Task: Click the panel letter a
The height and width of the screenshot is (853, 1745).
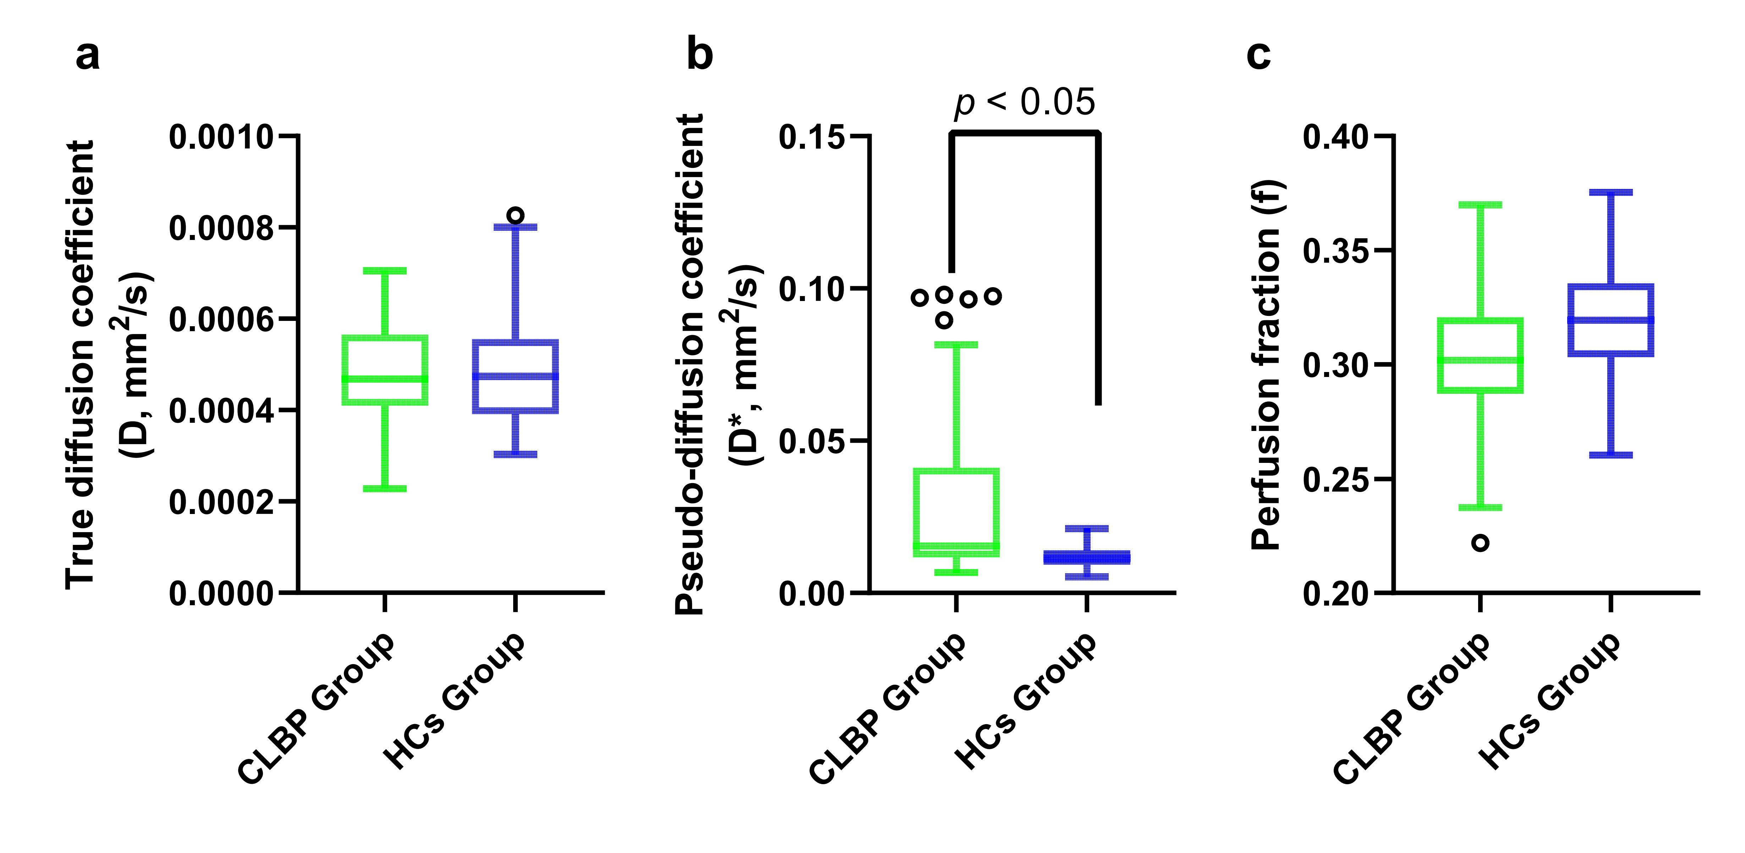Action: point(87,56)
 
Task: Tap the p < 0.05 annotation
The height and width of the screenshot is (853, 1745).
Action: point(1024,103)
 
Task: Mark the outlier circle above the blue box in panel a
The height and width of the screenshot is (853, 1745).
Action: point(516,215)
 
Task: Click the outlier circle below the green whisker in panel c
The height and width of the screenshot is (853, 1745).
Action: point(1481,543)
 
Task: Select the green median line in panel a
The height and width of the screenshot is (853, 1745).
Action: point(385,379)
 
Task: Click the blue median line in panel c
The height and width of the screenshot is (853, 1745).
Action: point(1611,320)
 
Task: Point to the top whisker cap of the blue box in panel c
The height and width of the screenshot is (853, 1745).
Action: point(1611,192)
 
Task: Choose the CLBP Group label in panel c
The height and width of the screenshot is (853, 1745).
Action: point(1412,708)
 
